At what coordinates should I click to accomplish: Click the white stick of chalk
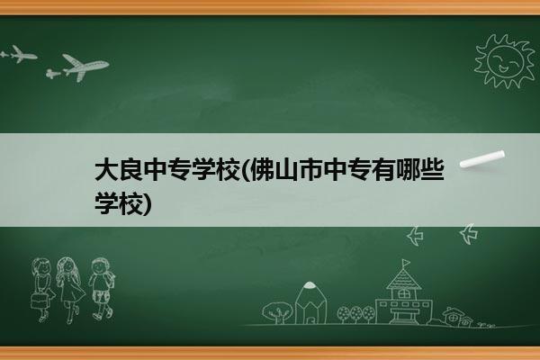[482, 159]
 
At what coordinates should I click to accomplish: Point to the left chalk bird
[415, 236]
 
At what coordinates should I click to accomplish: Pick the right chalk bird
[469, 234]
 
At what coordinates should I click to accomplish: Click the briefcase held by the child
[39, 300]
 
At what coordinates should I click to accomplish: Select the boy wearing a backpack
[102, 289]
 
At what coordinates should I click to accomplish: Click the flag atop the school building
[407, 263]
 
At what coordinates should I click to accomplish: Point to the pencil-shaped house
[310, 302]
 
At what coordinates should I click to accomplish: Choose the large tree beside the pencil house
[277, 312]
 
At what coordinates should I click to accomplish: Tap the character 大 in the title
[107, 169]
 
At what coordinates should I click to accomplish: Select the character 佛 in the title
[263, 169]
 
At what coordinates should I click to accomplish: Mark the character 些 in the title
[432, 169]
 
